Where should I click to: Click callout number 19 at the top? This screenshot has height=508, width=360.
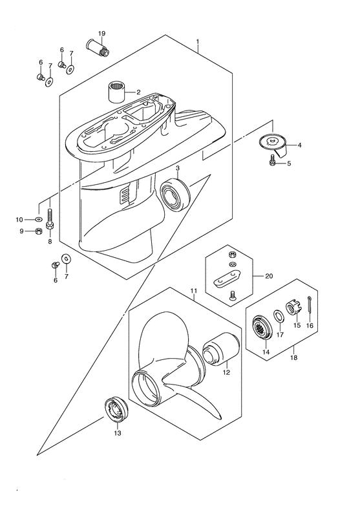[101, 33]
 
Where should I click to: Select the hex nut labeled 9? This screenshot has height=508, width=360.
[39, 231]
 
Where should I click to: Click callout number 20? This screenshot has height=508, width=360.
[269, 276]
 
